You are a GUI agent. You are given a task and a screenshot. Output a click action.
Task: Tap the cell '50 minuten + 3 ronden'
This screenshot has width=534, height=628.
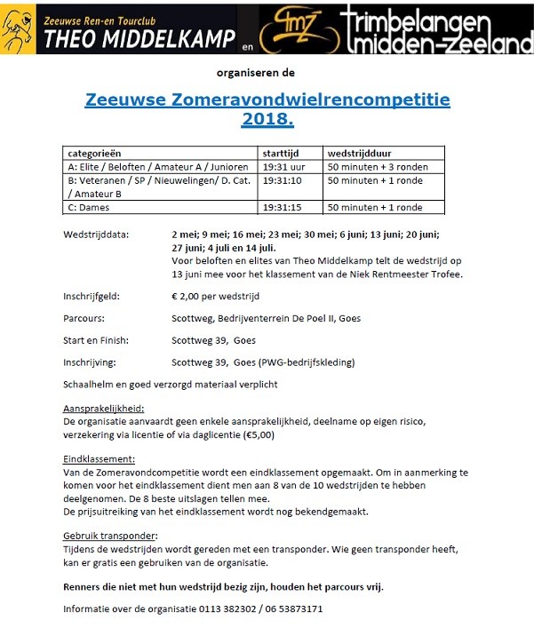(x=377, y=167)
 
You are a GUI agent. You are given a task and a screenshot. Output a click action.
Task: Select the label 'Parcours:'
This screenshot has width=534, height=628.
(x=84, y=318)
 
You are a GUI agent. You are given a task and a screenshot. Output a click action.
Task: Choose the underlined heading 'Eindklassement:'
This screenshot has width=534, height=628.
(x=99, y=459)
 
